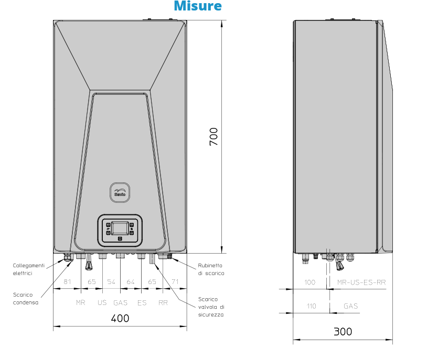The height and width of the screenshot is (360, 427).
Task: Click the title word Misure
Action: (197, 6)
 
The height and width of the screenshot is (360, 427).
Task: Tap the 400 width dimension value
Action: (120, 318)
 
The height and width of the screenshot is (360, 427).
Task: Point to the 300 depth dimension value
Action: (343, 331)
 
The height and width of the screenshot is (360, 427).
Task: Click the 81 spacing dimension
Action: (67, 282)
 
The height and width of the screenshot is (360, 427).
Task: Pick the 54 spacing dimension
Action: (111, 282)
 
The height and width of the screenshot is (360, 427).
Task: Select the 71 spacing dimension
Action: (175, 282)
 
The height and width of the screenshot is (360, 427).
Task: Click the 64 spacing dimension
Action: (131, 282)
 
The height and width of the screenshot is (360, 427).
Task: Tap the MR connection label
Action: (80, 303)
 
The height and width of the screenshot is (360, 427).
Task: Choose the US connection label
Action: (102, 303)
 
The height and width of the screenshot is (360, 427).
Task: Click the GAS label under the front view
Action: (121, 303)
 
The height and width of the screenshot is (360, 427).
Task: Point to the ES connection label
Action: (142, 303)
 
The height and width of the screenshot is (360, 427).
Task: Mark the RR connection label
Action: (163, 303)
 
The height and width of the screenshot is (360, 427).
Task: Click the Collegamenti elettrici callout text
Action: (29, 269)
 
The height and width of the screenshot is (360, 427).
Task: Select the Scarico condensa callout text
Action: (26, 298)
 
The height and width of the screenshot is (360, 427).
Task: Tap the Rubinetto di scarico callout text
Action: (211, 269)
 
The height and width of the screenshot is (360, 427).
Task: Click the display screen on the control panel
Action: (120, 228)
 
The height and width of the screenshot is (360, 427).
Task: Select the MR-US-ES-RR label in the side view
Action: (361, 282)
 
